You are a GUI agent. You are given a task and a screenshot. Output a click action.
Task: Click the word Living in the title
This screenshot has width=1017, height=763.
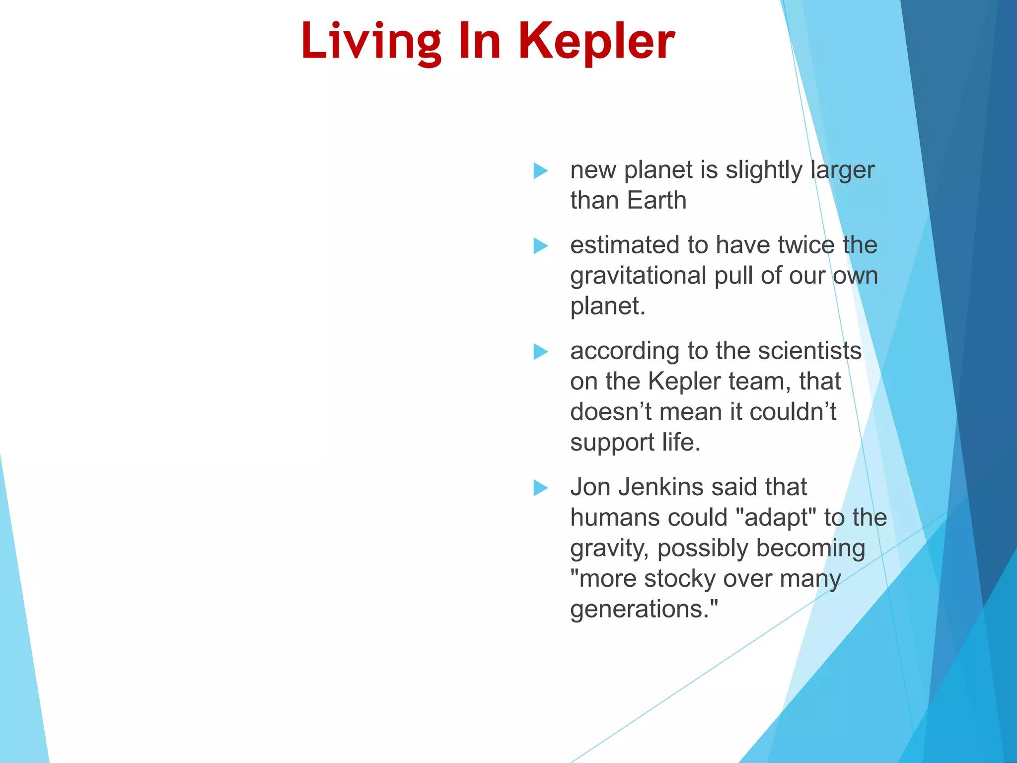(x=370, y=42)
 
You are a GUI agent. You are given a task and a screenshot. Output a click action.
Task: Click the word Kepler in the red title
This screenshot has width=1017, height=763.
(x=596, y=42)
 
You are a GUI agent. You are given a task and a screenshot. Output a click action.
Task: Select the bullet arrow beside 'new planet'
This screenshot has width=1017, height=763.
(x=540, y=171)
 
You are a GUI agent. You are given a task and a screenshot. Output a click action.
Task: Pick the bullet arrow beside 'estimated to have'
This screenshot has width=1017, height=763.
(x=540, y=246)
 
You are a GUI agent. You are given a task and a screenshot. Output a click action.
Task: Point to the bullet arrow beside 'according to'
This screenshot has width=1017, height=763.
(x=540, y=352)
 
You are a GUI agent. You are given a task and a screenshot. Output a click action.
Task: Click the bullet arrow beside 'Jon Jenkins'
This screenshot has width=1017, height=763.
(x=540, y=488)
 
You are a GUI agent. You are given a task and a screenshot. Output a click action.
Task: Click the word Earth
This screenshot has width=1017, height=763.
(x=656, y=201)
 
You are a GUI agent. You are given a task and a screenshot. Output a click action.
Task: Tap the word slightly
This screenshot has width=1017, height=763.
(x=764, y=171)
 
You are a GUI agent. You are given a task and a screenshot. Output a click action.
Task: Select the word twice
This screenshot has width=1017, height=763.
(x=806, y=245)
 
